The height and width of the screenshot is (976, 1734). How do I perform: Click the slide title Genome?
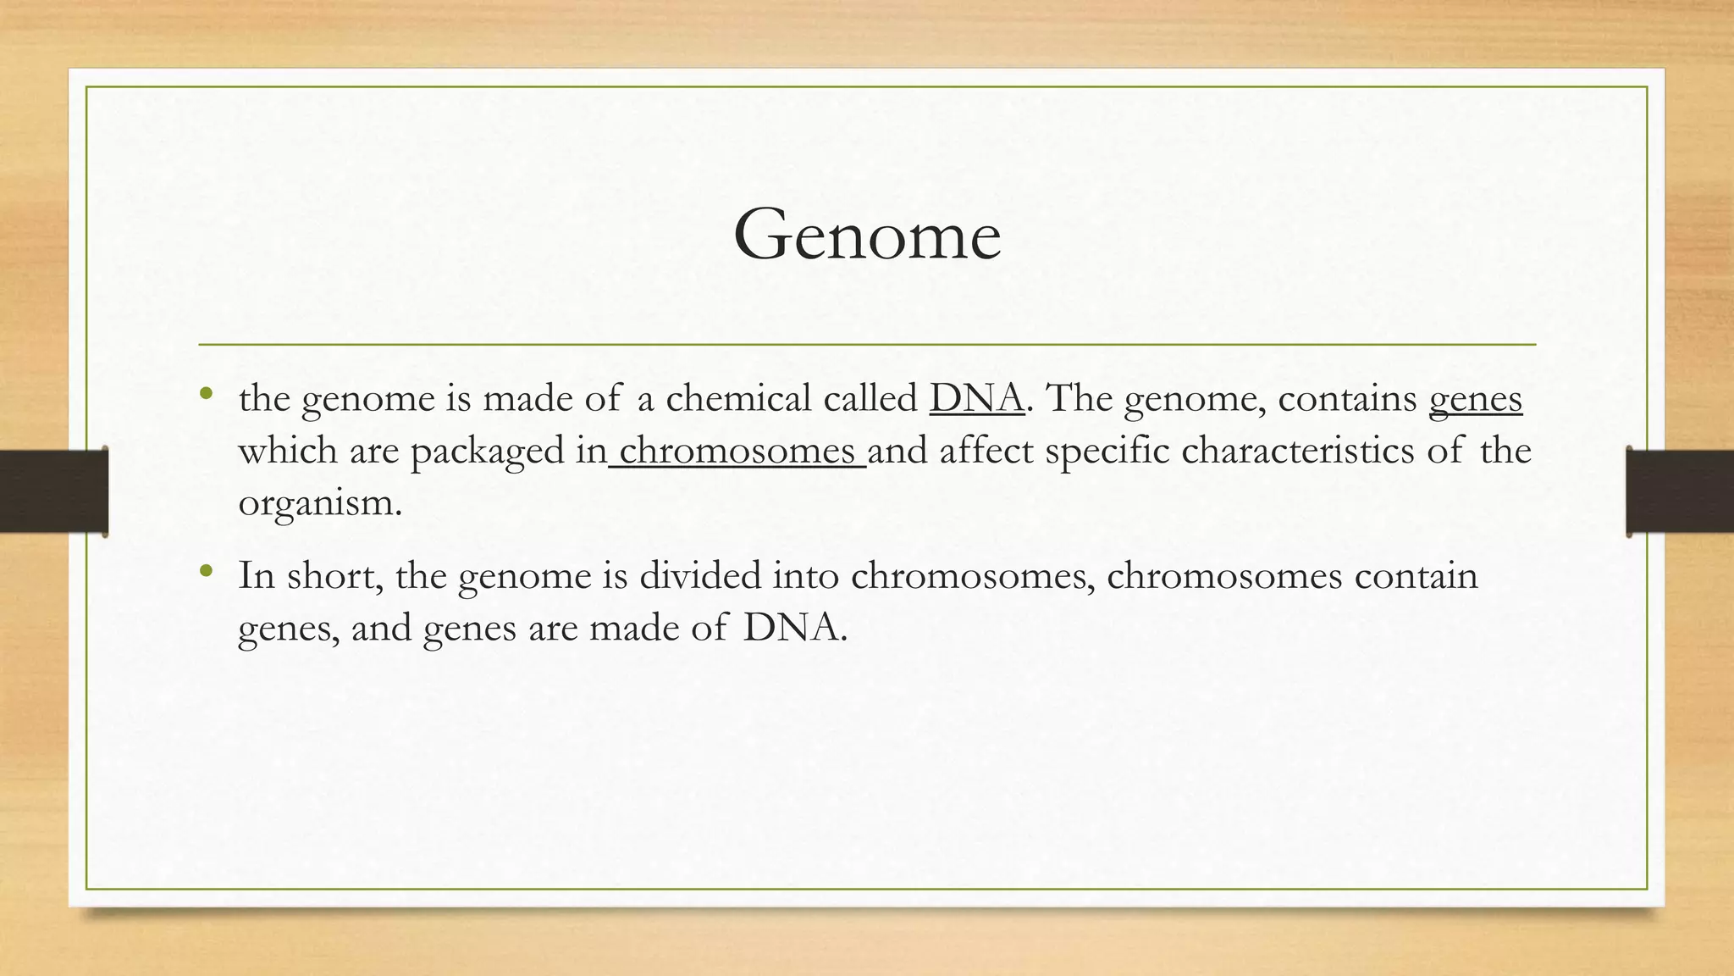(867, 235)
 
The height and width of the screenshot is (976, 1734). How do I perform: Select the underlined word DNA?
(977, 398)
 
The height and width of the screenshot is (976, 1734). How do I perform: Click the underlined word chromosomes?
(737, 450)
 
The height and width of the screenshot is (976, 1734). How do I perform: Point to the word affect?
(986, 450)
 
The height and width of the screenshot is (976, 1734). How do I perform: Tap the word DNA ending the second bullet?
(794, 629)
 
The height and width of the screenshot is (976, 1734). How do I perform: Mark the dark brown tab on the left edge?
(53, 491)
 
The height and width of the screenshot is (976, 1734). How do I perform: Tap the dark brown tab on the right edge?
(1680, 491)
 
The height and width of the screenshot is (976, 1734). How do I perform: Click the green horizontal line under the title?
(867, 345)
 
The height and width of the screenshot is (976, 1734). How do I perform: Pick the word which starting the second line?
(287, 450)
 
